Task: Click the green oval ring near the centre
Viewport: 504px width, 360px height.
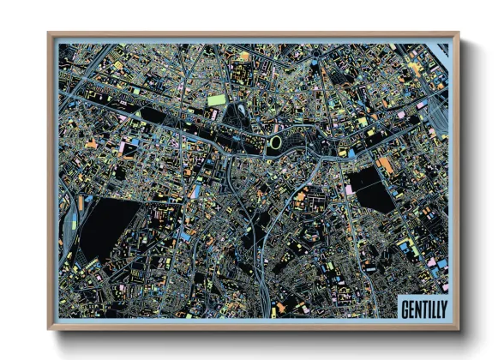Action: point(277,142)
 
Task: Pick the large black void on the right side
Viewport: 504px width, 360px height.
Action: point(375,189)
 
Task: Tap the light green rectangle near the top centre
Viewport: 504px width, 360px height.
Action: point(217,99)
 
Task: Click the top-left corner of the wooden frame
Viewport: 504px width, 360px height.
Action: point(49,33)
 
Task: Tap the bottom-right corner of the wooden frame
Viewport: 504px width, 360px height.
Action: point(458,328)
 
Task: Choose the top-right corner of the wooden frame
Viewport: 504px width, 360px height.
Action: point(458,33)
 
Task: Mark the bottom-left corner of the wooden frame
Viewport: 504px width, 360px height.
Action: point(49,328)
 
